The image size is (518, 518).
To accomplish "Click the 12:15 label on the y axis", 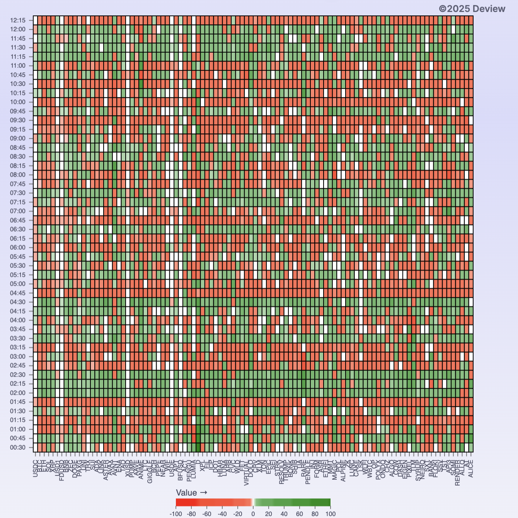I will point(18,20).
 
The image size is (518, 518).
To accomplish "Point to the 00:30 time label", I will point(18,448).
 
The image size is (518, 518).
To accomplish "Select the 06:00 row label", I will point(18,248).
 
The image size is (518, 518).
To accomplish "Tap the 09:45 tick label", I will point(18,111).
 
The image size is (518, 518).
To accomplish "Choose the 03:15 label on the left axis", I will point(18,348).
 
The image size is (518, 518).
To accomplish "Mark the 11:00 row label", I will point(18,66).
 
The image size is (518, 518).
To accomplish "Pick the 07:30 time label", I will point(18,193).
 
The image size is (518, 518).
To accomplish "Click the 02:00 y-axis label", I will point(18,393).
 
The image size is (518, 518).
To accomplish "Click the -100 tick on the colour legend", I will point(176,514).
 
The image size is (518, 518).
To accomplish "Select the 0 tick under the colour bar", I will point(253,514).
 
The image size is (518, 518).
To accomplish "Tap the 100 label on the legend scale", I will point(330,514).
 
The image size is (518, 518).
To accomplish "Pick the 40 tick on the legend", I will point(284,514).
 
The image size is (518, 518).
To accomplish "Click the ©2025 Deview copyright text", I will point(472,9).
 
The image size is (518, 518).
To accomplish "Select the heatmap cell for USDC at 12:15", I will point(36,20).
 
